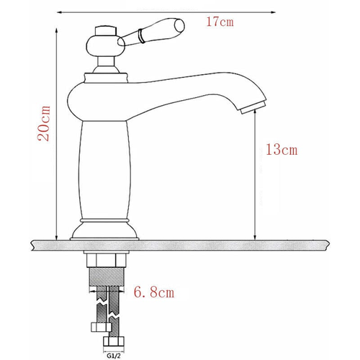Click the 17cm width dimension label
coord(220,21)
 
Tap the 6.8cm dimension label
coord(155,294)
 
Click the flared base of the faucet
coord(106,228)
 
